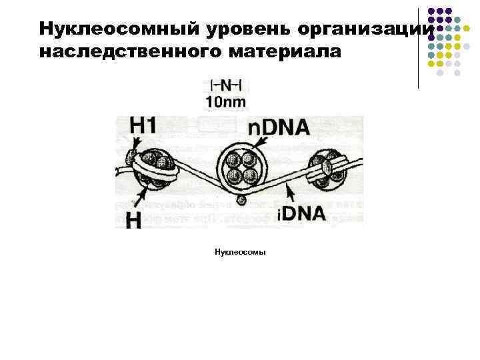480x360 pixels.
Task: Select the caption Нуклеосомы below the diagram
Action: (x=240, y=253)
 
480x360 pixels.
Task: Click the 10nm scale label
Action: (x=226, y=102)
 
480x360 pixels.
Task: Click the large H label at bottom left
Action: (x=133, y=219)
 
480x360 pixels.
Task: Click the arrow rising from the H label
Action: (x=145, y=193)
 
